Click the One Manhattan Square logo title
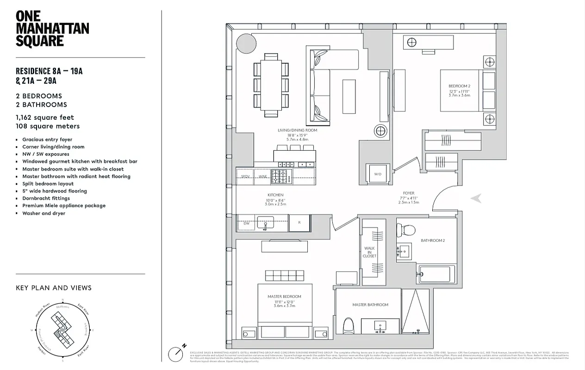pos(52,29)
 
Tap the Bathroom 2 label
pos(432,241)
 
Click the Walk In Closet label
pos(369,252)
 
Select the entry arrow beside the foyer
pos(476,198)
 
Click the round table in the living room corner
pos(246,43)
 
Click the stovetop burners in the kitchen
pos(279,176)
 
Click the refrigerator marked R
pos(299,223)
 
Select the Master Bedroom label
pos(284,296)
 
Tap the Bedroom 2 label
pos(459,86)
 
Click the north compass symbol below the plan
pos(176,353)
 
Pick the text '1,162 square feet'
pos(45,117)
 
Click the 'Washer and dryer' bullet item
pos(44,213)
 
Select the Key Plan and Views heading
pos(54,288)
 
